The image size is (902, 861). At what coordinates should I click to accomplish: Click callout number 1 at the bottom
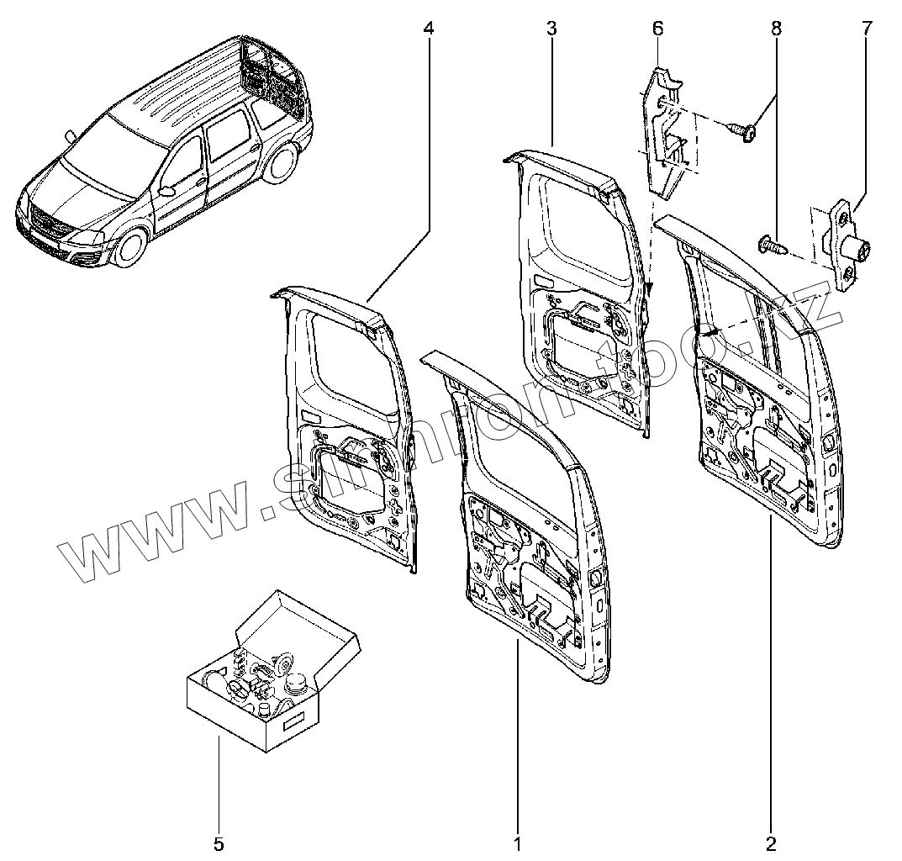[x=518, y=843]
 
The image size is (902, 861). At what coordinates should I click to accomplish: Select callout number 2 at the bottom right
[x=771, y=843]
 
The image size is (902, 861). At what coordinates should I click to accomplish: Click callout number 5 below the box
[x=219, y=843]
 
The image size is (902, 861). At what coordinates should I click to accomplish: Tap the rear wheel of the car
[x=281, y=163]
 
